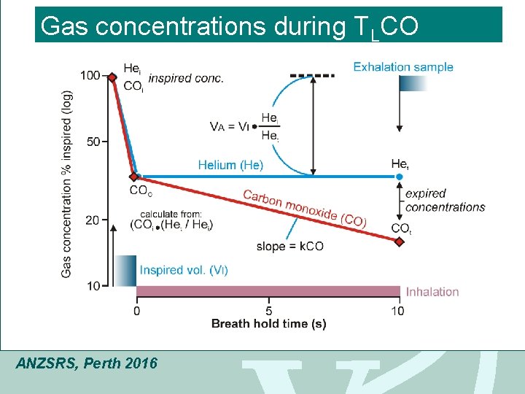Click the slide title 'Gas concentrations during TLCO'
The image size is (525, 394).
point(230,26)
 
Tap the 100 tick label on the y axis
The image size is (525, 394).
point(90,76)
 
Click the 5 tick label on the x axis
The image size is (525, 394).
point(268,311)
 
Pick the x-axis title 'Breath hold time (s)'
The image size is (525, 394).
point(268,324)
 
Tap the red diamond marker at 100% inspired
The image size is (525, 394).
point(112,77)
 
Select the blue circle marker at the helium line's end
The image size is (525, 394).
point(399,177)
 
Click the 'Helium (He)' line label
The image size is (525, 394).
point(230,165)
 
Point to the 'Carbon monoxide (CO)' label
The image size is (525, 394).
point(304,208)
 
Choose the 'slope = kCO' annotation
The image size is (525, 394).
point(289,247)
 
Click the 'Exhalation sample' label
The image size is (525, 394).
point(403,67)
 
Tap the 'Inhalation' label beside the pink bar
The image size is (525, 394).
point(432,292)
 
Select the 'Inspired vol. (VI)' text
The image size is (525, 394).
point(184,270)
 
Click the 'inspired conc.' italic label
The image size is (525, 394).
point(185,79)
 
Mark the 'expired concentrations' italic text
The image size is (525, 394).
point(445,201)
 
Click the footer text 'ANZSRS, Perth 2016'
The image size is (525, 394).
point(86,363)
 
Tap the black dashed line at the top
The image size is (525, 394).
point(312,75)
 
